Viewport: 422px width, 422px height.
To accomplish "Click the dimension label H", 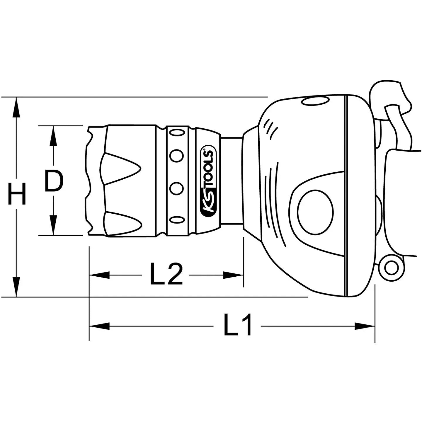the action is [17, 194].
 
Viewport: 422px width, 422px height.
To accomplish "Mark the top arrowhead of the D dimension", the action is [53, 136].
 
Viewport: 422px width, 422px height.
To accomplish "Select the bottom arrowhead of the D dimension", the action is [53, 225].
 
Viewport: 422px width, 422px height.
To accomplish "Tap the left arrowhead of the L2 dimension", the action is [99, 275].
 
